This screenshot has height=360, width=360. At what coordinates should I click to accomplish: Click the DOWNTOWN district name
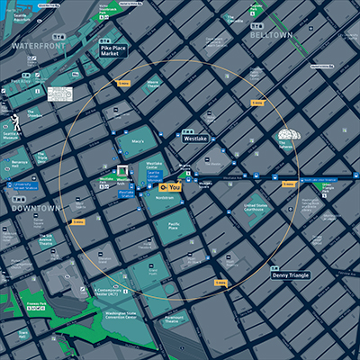(34, 208)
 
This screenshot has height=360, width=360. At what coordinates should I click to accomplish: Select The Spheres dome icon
(286, 138)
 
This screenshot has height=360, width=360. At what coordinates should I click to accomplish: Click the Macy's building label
(137, 140)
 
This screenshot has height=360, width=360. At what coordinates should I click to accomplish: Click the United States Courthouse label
(256, 208)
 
